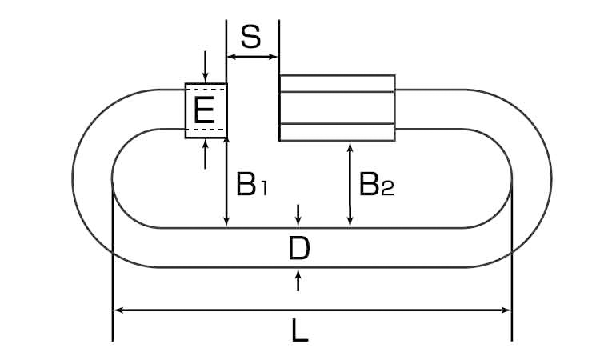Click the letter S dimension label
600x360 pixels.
pos(251,37)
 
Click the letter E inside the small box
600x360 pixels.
pos(205,110)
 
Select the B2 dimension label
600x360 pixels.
pos(375,186)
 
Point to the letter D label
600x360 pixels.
pos(298,250)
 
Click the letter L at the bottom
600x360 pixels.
pos(298,330)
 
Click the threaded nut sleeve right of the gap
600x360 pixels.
pos(336,107)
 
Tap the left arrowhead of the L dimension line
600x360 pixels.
pos(118,310)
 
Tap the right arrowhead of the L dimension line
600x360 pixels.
pos(506,310)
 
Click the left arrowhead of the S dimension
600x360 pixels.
pos(232,57)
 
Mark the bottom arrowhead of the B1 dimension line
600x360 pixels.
pos(228,222)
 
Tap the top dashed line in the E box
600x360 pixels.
pos(206,90)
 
